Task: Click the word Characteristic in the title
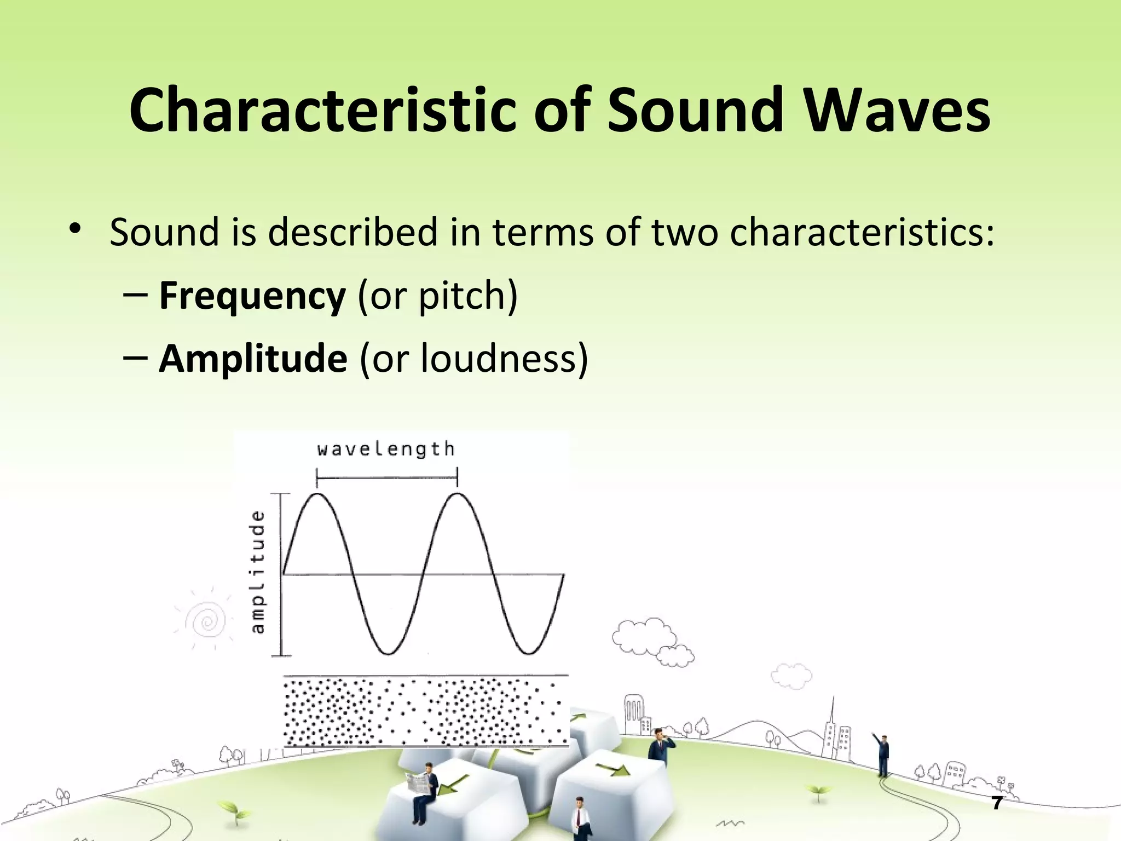point(323,111)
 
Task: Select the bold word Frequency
point(252,296)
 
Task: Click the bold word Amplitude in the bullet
point(253,359)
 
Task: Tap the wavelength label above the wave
point(386,450)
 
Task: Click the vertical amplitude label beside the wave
point(257,572)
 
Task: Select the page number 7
point(997,803)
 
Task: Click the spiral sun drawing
point(207,621)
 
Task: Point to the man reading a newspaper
point(424,788)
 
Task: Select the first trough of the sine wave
point(388,653)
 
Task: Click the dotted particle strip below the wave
point(425,712)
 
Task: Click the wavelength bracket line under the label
point(387,478)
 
